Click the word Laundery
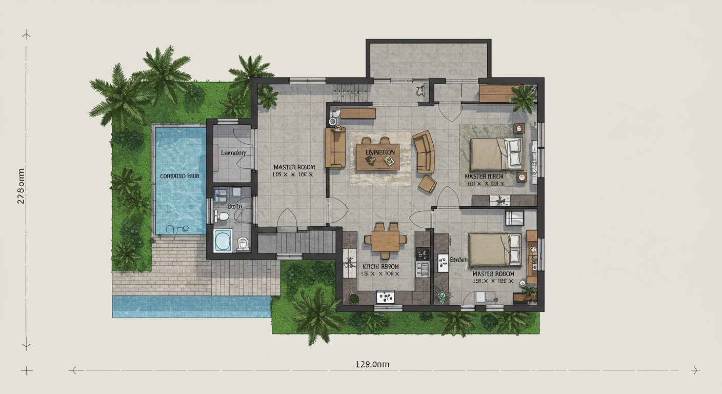click(234, 153)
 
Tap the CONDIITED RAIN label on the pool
click(179, 176)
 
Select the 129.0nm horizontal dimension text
click(372, 364)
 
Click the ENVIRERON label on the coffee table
click(380, 152)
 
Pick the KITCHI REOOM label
click(380, 267)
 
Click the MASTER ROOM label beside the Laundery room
click(294, 167)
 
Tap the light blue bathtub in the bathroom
click(223, 241)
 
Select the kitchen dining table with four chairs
click(386, 240)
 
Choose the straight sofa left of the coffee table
click(335, 148)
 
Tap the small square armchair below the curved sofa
click(427, 184)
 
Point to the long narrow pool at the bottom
click(191, 306)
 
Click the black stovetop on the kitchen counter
click(424, 253)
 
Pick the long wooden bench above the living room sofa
click(358, 113)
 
